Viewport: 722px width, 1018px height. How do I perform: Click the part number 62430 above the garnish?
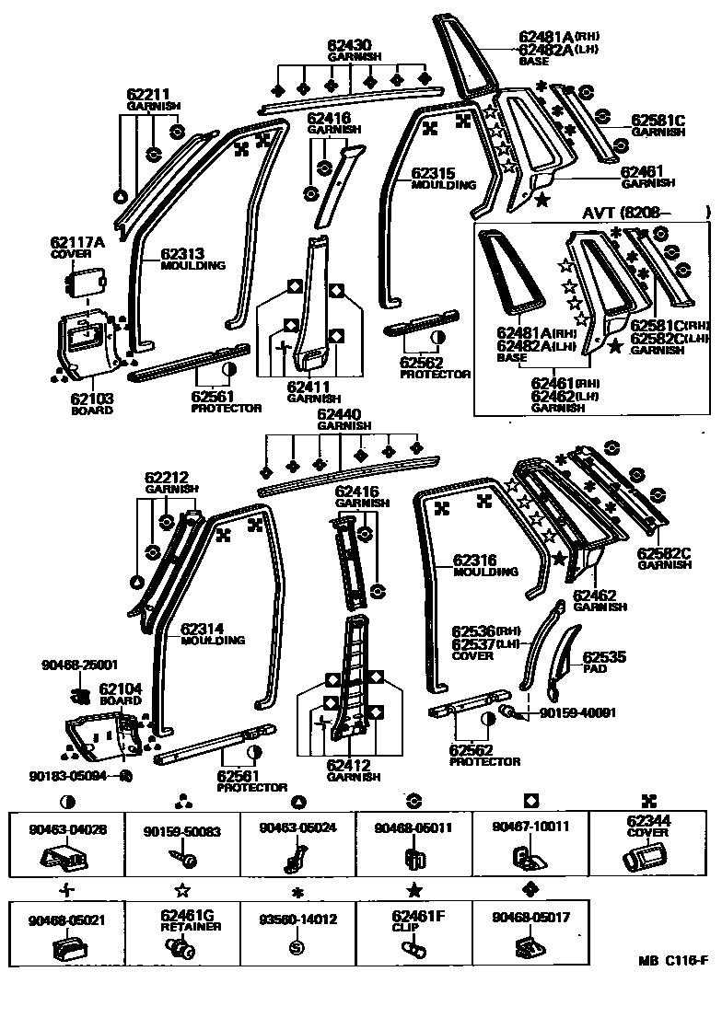(x=349, y=45)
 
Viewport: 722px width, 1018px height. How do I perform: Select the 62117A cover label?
(x=77, y=243)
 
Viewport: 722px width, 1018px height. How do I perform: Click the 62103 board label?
(x=91, y=399)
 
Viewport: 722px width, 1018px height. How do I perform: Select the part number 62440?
(x=339, y=415)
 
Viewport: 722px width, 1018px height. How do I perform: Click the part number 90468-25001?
(x=79, y=664)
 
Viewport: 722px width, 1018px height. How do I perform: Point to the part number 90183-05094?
(x=77, y=775)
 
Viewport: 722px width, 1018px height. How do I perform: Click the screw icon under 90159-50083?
(x=182, y=859)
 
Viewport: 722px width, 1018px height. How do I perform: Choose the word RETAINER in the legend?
(x=182, y=927)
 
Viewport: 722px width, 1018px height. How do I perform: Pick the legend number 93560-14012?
(x=298, y=919)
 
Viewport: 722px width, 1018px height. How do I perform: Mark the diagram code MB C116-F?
(x=672, y=962)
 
